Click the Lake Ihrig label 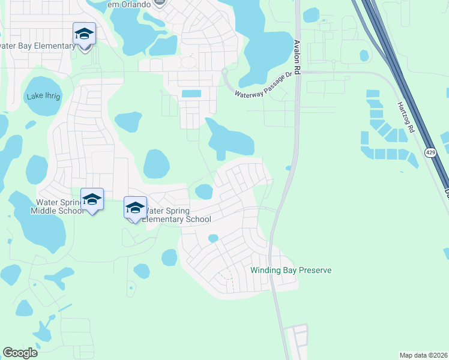pos(43,97)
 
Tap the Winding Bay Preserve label pos(291,270)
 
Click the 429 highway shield pos(430,153)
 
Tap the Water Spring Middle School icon pos(92,200)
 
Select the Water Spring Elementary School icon pos(135,208)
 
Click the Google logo pos(20,353)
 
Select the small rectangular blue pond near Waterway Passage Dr pos(191,94)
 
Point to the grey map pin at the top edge pos(159,3)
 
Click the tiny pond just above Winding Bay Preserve pos(212,238)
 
